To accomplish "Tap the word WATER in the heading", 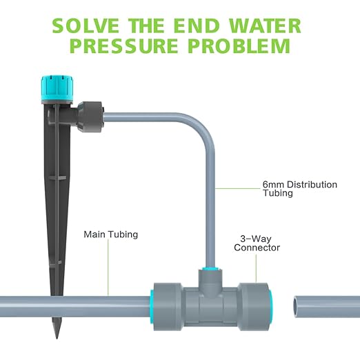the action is click(265, 26).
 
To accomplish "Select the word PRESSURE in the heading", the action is click(124, 46).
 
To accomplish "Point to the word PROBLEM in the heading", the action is click(239, 46).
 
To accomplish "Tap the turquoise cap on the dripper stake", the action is click(57, 90).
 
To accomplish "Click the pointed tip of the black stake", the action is click(57, 338).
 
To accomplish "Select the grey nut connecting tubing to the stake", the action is click(90, 117).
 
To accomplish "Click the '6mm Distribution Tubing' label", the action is click(300, 188).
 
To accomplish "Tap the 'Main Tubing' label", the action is click(111, 234).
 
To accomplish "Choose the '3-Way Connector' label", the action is click(257, 243).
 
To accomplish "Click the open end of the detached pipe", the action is click(297, 307).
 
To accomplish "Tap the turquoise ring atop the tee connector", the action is click(210, 268).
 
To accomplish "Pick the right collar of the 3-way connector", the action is click(254, 307).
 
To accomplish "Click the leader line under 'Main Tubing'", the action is click(108, 268).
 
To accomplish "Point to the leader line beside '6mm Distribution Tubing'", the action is click(238, 188).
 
